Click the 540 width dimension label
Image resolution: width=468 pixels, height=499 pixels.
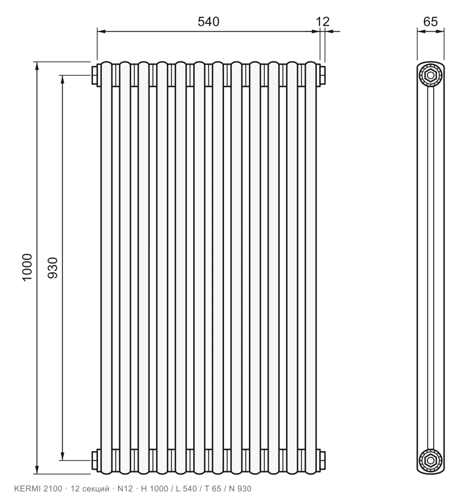208,21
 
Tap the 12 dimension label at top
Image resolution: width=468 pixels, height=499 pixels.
323,21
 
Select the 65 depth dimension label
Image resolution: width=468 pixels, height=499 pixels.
430,21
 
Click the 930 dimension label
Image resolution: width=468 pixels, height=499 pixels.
53,268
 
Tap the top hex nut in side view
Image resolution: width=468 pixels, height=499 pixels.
431,76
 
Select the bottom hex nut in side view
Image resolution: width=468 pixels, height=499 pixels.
431,460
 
